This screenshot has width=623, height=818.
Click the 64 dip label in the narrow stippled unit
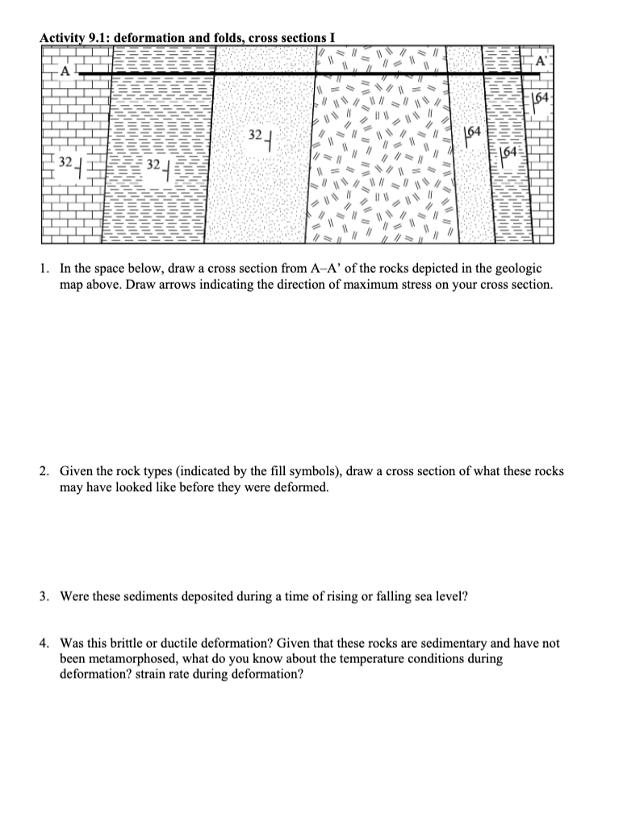pos(474,131)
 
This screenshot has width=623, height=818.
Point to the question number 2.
pos(46,470)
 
